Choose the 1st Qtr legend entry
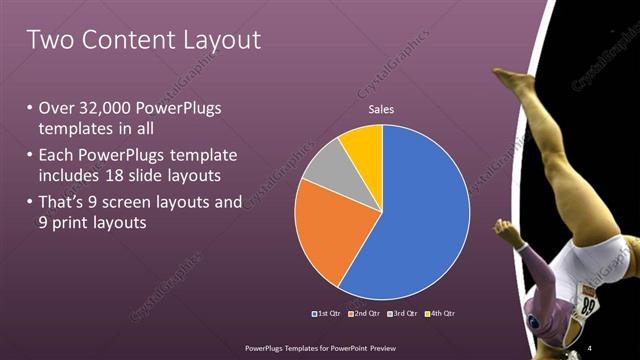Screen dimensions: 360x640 pos(328,314)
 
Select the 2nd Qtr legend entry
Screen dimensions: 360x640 pos(366,314)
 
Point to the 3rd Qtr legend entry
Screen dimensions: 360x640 pos(404,314)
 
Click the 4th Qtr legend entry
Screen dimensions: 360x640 pos(443,314)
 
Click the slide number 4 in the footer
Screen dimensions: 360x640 pos(590,347)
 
